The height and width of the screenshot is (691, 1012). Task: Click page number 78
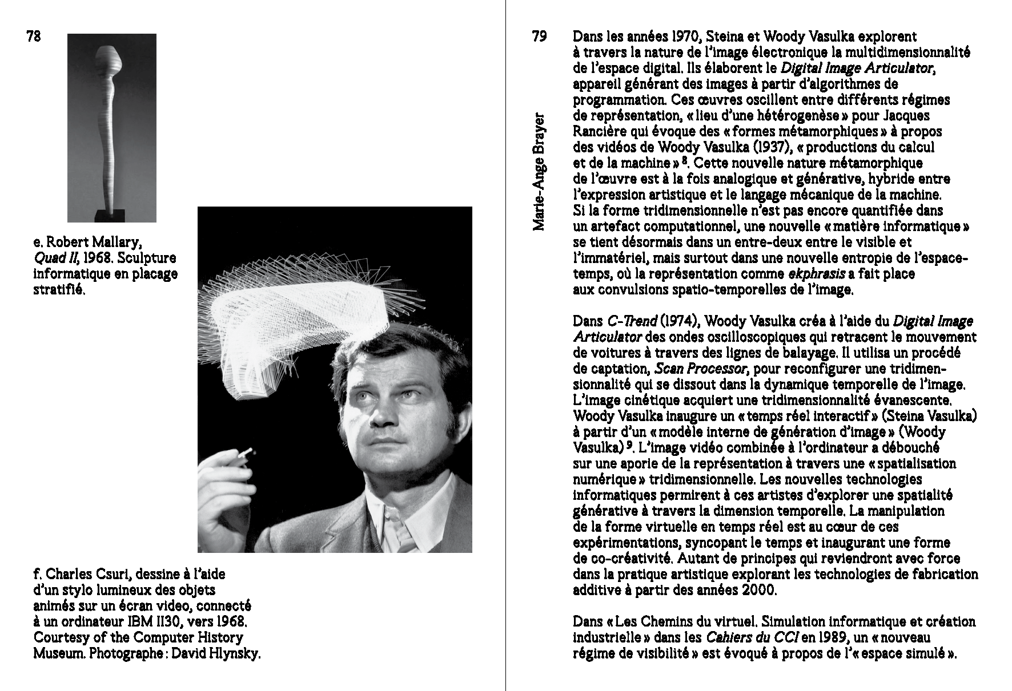(x=34, y=37)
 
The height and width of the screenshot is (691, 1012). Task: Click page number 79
(x=540, y=37)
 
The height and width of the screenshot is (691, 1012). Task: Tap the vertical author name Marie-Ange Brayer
(x=538, y=172)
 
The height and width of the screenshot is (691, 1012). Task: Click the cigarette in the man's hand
(x=246, y=454)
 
